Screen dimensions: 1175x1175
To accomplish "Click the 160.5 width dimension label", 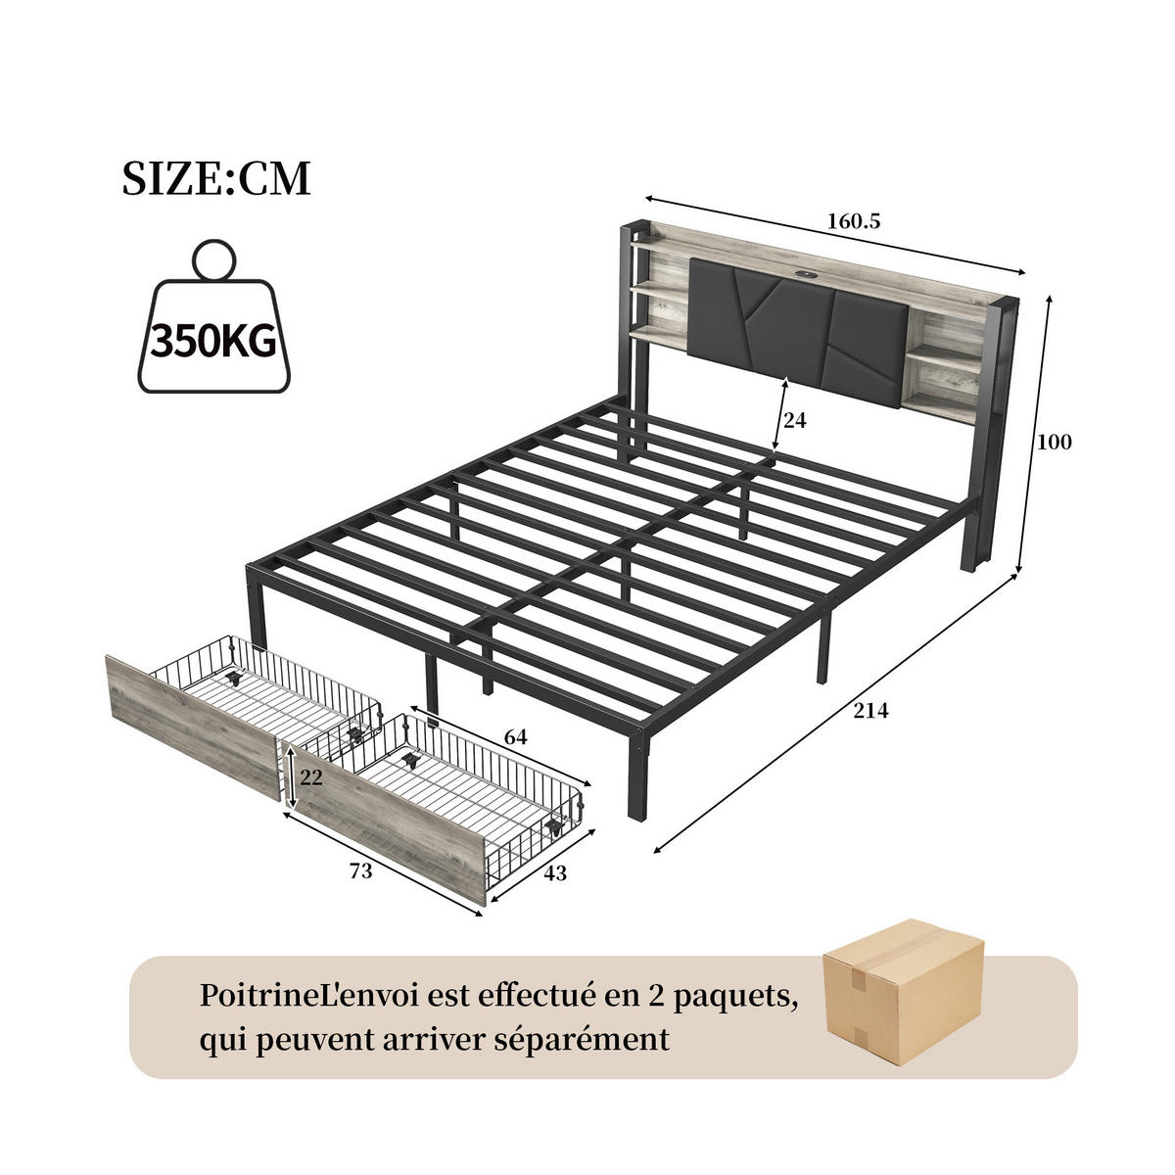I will tap(853, 221).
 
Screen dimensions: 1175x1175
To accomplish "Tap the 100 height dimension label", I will tap(1055, 442).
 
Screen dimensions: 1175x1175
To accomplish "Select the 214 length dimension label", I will tap(869, 711).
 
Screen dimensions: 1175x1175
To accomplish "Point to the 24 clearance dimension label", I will tap(794, 420).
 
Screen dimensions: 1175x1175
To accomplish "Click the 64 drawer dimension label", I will tap(515, 737).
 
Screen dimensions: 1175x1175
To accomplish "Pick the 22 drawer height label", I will tap(310, 776).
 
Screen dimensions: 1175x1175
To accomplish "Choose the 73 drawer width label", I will tap(360, 870).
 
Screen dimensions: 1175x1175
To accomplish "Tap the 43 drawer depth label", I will tap(554, 872).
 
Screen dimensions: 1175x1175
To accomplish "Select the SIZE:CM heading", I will tap(216, 179).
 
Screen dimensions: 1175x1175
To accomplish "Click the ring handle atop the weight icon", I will tap(212, 259).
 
